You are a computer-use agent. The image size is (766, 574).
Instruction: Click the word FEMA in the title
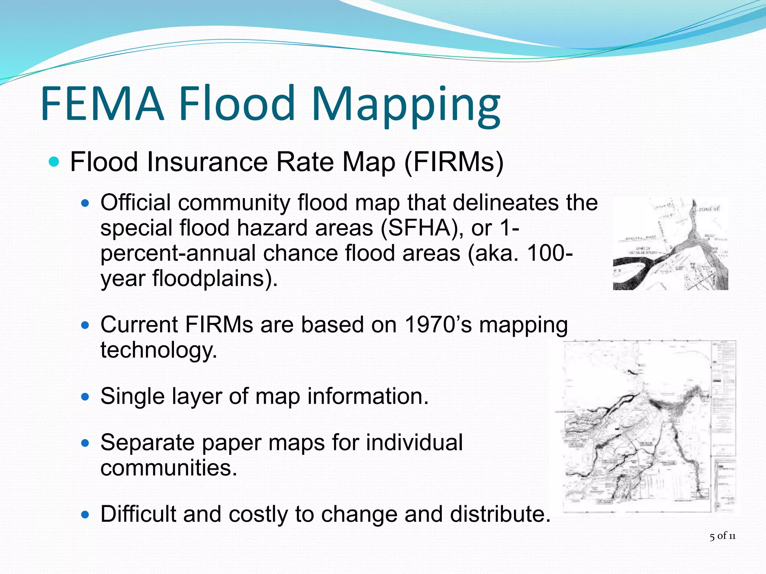[102, 104]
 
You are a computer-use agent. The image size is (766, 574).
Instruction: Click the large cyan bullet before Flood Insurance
[54, 162]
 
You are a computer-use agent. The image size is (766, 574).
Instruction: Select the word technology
[159, 350]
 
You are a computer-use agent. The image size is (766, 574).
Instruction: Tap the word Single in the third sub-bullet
[132, 396]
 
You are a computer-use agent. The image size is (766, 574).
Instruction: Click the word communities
[169, 467]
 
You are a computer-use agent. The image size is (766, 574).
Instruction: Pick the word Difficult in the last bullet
[138, 514]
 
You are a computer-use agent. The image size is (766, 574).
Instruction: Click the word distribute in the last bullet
[500, 514]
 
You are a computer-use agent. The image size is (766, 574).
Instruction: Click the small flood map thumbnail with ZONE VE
[670, 244]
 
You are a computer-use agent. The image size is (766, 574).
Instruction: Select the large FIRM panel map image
[649, 426]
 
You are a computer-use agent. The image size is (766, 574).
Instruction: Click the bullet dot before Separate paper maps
[86, 443]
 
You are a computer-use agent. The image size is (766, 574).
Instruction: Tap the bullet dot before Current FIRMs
[86, 325]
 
